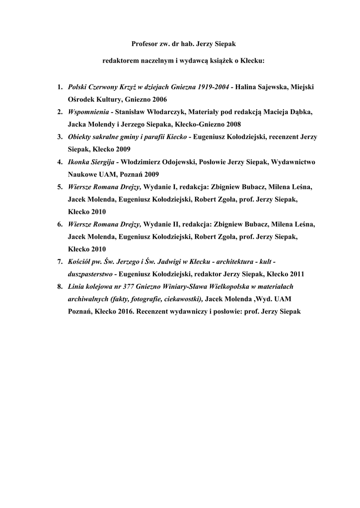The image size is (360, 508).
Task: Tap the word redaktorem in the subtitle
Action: tap(119, 62)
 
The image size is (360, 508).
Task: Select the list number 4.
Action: tap(59, 162)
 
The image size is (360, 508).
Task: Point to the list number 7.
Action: tap(59, 261)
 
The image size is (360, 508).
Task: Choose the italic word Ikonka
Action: tap(78, 162)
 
